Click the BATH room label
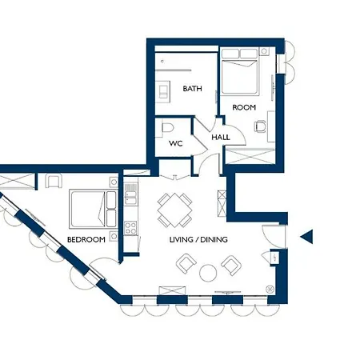pos(192,89)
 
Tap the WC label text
pos(176,144)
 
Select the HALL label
pos(221,138)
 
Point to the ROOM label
pos(244,107)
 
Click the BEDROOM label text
pos(86,239)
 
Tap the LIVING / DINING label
pos(198,239)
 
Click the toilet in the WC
pos(167,128)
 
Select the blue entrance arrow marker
pos(306,237)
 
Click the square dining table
pos(174,210)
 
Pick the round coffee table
pos(208,273)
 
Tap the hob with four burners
pos(130,228)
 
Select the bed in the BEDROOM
pos(93,209)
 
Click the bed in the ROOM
pos(240,71)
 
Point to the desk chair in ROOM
pos(260,126)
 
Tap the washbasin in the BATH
pos(162,91)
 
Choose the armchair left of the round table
pos(186,263)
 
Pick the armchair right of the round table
pos(231,266)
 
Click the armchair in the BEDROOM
pos(54,181)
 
